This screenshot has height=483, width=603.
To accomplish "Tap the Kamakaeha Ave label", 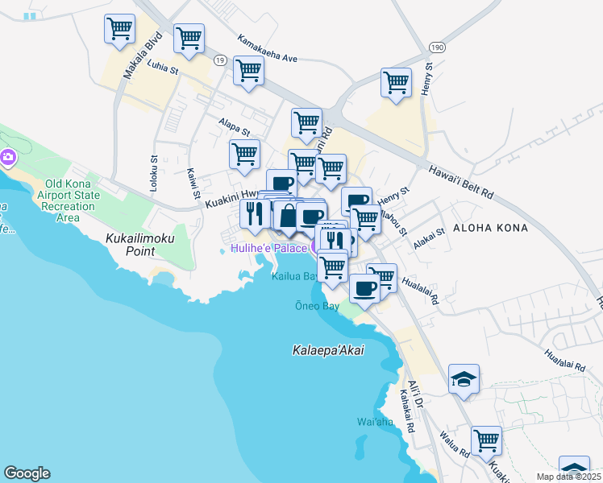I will coord(268,47).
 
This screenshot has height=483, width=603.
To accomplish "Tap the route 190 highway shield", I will coord(436,48).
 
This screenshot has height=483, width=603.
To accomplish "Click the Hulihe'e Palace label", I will coord(268,248).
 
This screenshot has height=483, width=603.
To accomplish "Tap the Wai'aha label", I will coord(374,422).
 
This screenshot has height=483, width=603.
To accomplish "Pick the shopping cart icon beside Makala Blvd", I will coord(119,30).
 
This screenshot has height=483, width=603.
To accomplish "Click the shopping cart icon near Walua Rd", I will coord(487,440).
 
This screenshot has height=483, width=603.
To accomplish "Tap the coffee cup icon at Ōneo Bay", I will coord(364,288).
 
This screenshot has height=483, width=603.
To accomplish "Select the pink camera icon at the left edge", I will coord(9,157).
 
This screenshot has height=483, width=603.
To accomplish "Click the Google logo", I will coord(27,473).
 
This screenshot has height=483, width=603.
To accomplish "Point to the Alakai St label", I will coord(430,234).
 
